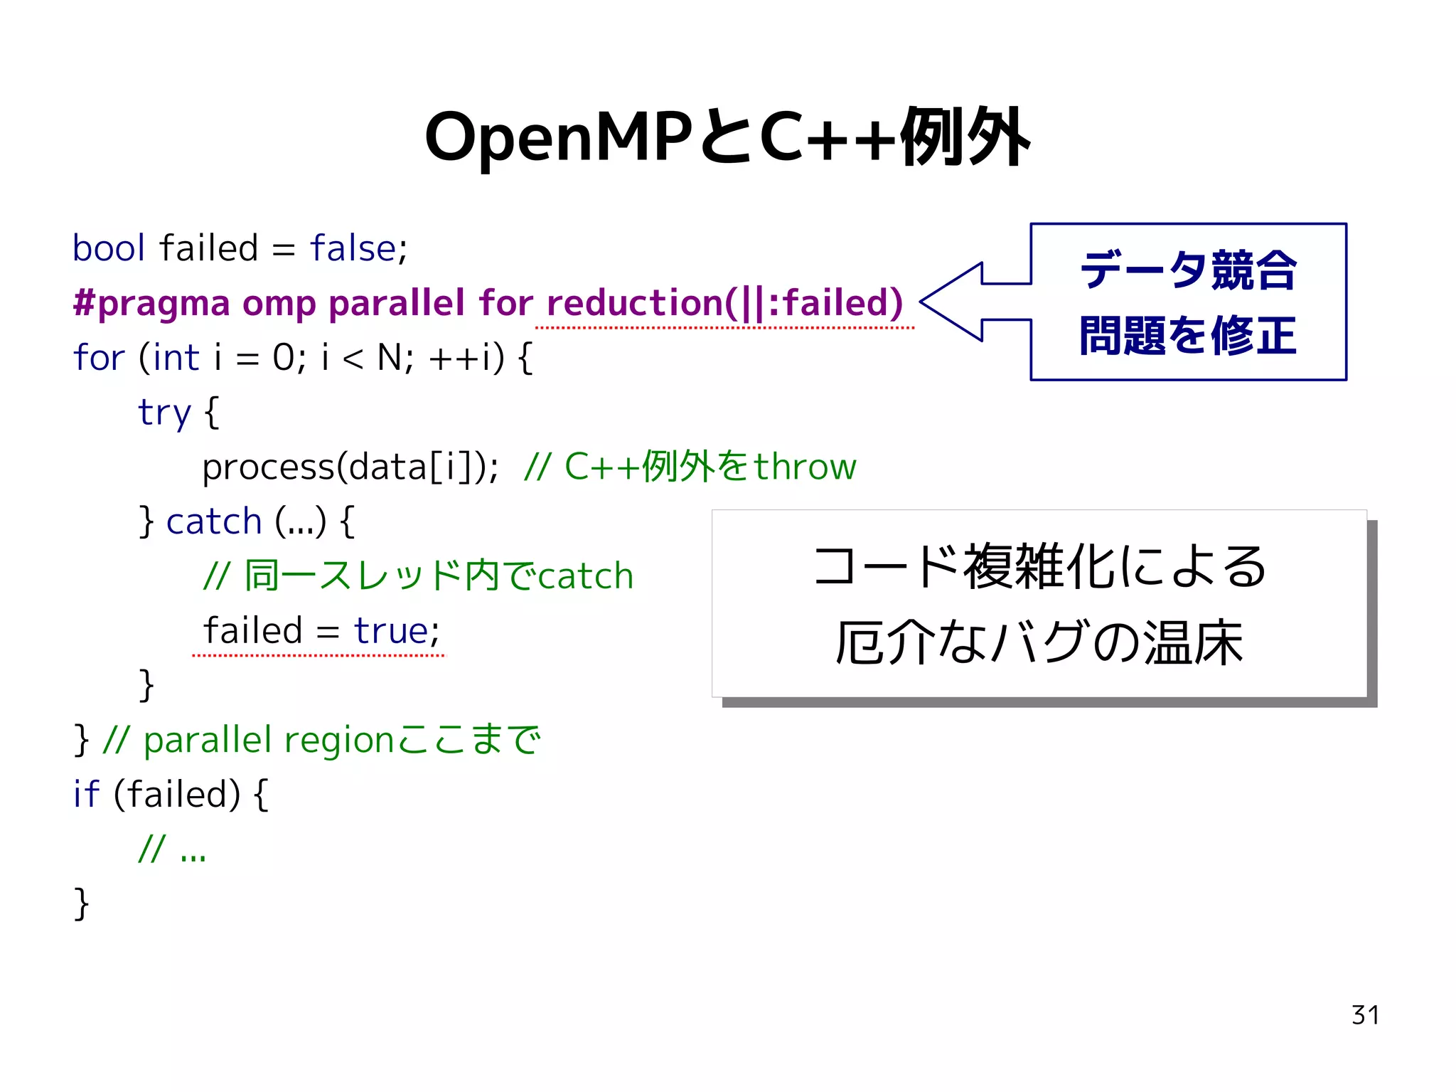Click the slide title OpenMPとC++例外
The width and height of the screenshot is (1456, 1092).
(x=727, y=137)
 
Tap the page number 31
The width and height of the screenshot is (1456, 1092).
(x=1365, y=1015)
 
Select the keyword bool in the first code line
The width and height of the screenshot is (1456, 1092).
(x=109, y=248)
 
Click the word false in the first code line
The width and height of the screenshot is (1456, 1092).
(x=353, y=248)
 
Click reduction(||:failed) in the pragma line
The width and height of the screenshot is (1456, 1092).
(x=724, y=304)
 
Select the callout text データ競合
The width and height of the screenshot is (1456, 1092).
(x=1188, y=270)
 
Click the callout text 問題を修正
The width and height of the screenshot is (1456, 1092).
(x=1188, y=335)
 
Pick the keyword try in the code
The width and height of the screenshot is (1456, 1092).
(x=164, y=413)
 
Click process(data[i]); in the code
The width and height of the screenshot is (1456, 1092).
(x=350, y=467)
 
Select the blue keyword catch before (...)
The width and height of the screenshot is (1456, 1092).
(x=214, y=522)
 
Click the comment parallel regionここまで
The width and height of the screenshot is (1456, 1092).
(x=341, y=741)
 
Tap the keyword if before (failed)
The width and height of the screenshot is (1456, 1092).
(x=86, y=795)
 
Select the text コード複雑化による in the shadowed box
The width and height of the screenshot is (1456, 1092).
(x=1039, y=567)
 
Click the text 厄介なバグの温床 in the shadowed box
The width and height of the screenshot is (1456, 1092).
(x=1039, y=642)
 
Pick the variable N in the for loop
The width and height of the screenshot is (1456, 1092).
(x=390, y=358)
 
